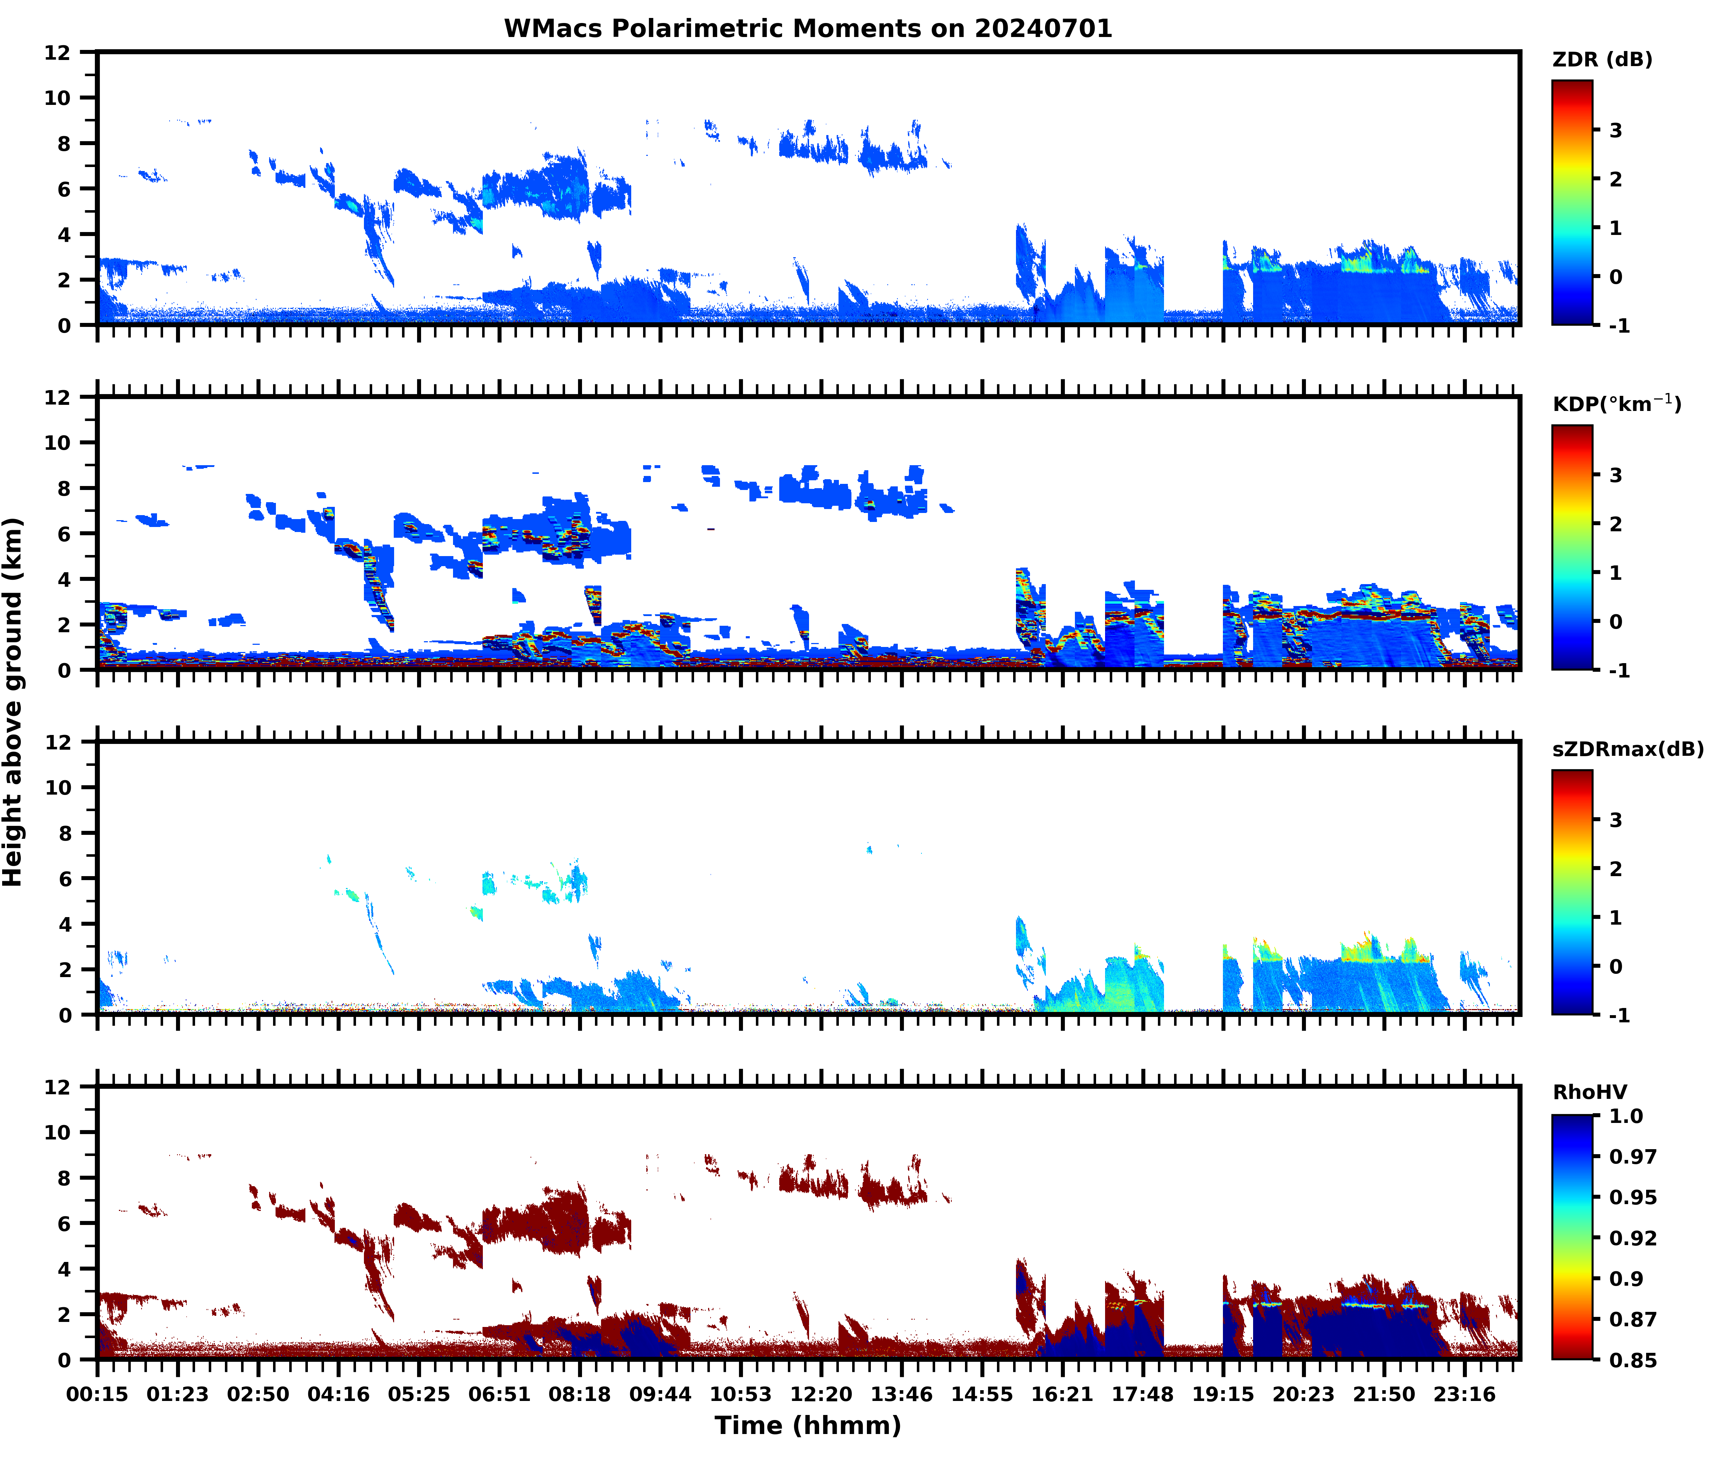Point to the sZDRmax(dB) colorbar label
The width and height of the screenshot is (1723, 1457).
1627,749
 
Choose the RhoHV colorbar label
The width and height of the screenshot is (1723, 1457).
1589,1092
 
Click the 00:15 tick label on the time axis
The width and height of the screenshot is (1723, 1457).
97,1394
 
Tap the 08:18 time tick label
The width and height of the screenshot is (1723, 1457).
580,1394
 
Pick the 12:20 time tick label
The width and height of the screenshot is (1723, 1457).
821,1394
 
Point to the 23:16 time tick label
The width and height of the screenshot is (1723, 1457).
1464,1394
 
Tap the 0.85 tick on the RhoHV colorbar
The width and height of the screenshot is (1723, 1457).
1632,1360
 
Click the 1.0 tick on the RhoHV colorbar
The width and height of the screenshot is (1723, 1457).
1626,1116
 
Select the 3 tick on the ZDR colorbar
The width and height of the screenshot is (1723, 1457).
1616,130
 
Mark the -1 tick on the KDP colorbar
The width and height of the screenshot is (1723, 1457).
1619,671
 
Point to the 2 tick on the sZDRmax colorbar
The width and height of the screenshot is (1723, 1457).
1616,869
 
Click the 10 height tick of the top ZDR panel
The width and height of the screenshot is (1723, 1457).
58,97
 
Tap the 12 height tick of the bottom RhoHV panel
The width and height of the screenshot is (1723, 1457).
58,1087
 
